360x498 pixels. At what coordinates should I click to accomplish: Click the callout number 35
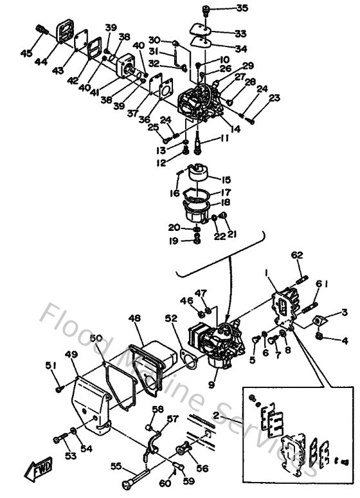pyautogui.click(x=224, y=8)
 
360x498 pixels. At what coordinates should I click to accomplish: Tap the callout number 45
pyautogui.click(x=26, y=53)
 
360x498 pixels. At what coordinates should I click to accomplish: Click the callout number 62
pyautogui.click(x=296, y=255)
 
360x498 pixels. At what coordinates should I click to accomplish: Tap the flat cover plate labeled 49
pyautogui.click(x=90, y=405)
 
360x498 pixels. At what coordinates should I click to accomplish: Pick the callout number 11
pyautogui.click(x=224, y=138)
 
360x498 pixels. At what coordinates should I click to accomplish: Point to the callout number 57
pyautogui.click(x=172, y=419)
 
